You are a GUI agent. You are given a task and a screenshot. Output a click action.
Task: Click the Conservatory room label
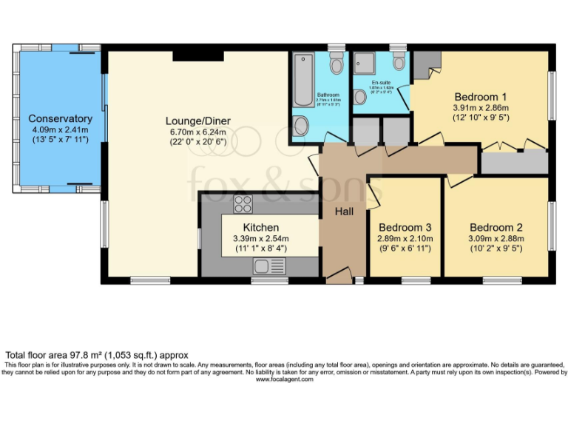60,118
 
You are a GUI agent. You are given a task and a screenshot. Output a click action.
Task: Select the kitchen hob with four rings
243,202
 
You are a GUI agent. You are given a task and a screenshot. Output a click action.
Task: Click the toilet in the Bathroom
337,64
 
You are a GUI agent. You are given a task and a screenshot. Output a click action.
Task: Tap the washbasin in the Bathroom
302,126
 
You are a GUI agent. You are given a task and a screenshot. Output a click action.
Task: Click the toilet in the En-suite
399,61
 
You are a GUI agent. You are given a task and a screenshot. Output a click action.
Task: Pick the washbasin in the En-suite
400,100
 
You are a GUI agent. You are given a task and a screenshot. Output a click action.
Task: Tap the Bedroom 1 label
480,97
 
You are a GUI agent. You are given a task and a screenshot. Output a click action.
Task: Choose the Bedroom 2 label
496,227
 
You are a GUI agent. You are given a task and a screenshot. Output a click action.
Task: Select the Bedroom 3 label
405,227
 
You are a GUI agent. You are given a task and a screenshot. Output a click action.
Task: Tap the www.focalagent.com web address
284,379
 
